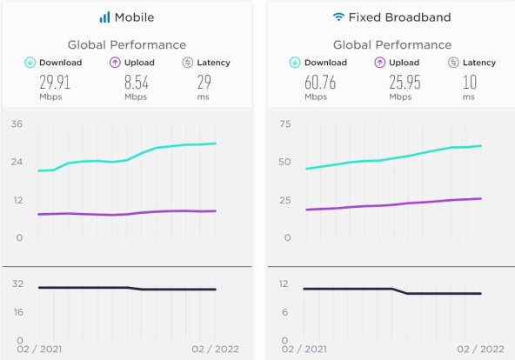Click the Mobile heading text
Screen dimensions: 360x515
coord(134,17)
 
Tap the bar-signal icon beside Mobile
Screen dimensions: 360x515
coord(104,17)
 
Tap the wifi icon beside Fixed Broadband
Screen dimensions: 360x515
coord(338,17)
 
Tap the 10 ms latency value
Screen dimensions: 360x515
coord(469,83)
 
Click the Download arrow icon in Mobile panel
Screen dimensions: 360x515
coord(30,63)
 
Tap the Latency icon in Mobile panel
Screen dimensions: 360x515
coord(188,63)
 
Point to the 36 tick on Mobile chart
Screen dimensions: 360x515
coord(17,124)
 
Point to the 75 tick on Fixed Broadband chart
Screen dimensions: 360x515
coord(284,124)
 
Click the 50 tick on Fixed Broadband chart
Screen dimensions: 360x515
coord(284,162)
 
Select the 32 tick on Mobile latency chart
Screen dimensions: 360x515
coord(17,283)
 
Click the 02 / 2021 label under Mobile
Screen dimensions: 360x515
coord(39,349)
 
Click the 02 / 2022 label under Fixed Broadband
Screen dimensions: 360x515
coord(480,349)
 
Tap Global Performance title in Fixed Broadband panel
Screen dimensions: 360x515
coord(391,45)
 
